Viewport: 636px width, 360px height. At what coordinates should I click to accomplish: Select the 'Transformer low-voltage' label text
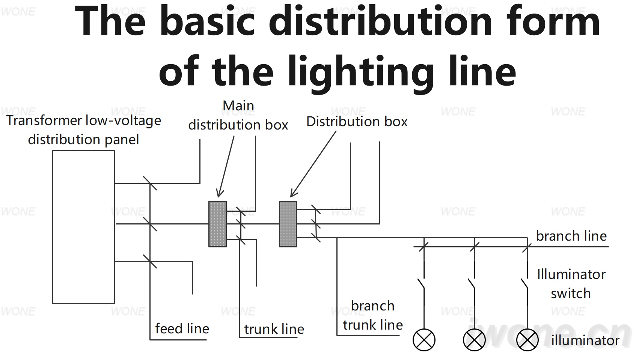[84, 121]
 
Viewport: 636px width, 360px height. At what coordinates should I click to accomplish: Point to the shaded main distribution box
[217, 224]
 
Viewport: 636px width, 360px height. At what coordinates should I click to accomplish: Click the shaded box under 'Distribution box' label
[288, 224]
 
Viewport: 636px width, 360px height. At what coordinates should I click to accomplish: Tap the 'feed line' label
[182, 328]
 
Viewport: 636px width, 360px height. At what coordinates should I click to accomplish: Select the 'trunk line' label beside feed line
[274, 329]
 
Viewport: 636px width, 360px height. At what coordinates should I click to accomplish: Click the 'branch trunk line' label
[373, 315]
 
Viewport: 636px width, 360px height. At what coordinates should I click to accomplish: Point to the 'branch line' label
[571, 236]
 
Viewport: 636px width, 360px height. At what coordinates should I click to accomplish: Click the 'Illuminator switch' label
[571, 284]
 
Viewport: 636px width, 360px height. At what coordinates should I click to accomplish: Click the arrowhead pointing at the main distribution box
[219, 194]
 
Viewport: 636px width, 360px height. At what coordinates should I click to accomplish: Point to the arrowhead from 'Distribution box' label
[293, 193]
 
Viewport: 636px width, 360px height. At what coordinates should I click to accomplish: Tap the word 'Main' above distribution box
[238, 105]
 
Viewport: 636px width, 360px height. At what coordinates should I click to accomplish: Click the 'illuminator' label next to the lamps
[585, 340]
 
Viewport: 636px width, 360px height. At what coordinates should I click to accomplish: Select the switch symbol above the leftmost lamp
[421, 284]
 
